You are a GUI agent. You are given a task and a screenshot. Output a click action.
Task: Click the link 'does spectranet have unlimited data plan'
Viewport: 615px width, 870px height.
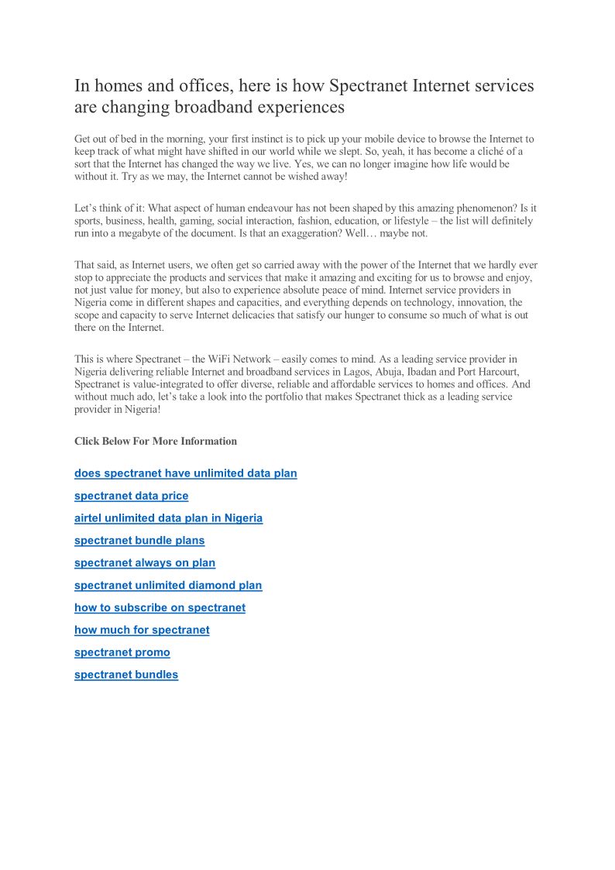coord(185,473)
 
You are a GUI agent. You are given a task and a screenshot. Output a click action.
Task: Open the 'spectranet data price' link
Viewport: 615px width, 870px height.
coord(131,496)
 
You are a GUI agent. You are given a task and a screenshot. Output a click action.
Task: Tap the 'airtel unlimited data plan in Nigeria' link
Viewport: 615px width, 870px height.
coord(168,518)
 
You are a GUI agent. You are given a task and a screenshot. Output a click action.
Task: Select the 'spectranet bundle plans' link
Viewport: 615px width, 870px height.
coord(139,541)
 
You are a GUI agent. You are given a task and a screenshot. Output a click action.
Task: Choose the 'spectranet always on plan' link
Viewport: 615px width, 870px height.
coord(145,563)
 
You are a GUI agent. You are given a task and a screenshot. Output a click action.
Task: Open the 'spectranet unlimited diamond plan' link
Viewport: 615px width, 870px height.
coord(168,586)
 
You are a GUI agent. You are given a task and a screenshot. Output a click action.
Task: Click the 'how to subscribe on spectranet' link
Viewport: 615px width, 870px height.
coord(160,608)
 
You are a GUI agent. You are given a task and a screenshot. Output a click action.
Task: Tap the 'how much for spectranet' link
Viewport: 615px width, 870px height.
coord(142,630)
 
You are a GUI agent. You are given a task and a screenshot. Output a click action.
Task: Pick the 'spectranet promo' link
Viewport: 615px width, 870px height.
coord(122,652)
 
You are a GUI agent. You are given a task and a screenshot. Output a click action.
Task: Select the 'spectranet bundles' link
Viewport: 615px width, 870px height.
coord(126,675)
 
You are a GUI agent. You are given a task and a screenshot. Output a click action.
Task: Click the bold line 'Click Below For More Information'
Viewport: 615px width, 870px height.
coord(156,442)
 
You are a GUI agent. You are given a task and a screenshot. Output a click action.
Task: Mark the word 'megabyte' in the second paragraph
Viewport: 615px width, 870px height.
coord(140,233)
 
